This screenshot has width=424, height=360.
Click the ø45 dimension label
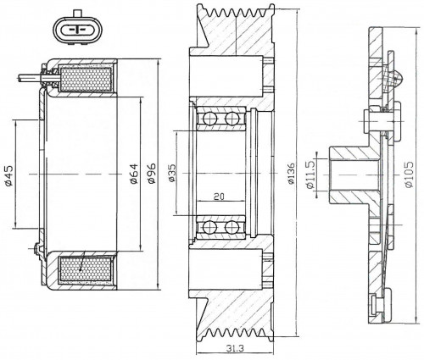point(8,176)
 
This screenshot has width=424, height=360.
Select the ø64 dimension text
point(134,174)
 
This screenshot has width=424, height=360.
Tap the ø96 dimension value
point(152,173)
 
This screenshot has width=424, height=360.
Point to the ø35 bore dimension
point(171,173)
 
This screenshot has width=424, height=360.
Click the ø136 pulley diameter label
point(291,173)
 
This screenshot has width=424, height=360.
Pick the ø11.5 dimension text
point(310,174)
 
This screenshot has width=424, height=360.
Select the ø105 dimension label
point(409,174)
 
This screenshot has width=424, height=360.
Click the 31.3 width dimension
point(235,348)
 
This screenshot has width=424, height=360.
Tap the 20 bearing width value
point(219,196)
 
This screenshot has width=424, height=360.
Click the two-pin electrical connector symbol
point(77,29)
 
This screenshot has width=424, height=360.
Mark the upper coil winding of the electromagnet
point(86,80)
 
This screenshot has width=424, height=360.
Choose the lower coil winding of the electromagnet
point(86,269)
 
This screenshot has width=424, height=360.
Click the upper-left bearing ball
point(209,119)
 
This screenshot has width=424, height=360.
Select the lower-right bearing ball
point(231,228)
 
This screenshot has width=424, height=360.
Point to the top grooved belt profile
point(240,12)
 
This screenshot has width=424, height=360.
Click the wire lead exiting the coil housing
point(30,78)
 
